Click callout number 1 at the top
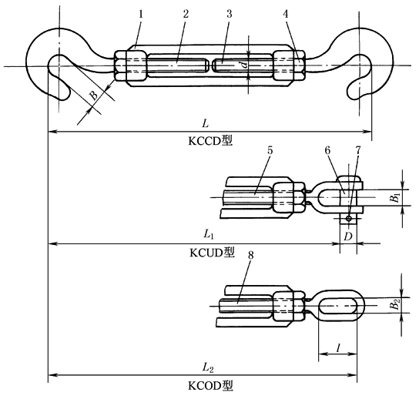pyautogui.click(x=141, y=14)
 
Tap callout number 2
pyautogui.click(x=186, y=14)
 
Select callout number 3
pyautogui.click(x=229, y=14)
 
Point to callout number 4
pyautogui.click(x=286, y=14)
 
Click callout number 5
pyautogui.click(x=270, y=151)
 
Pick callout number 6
pyautogui.click(x=327, y=151)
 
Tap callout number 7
pyautogui.click(x=358, y=151)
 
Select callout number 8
pyautogui.click(x=250, y=256)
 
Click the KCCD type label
pyautogui.click(x=210, y=140)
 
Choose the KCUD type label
pyautogui.click(x=212, y=252)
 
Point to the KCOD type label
pyautogui.click(x=210, y=385)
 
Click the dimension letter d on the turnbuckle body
pyautogui.click(x=243, y=65)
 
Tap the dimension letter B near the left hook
pyautogui.click(x=93, y=95)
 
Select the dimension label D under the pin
pyautogui.click(x=347, y=236)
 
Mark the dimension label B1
pyautogui.click(x=395, y=198)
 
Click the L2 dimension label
pyautogui.click(x=208, y=367)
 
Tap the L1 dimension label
pyautogui.click(x=209, y=234)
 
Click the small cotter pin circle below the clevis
pyautogui.click(x=348, y=218)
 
